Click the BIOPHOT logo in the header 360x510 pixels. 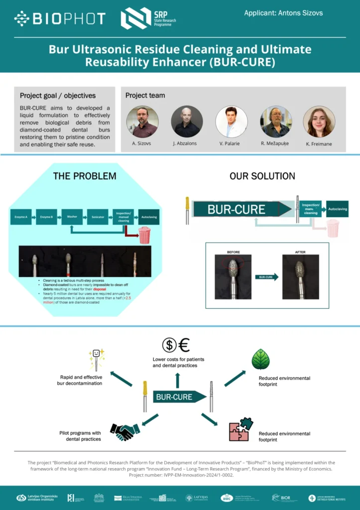[x=60, y=19]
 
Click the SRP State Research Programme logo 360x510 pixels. [x=148, y=18]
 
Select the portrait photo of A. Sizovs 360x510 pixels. [x=142, y=122]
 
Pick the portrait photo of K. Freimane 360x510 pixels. [x=319, y=122]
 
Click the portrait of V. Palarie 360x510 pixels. [x=232, y=122]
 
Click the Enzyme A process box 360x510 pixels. [x=21, y=217]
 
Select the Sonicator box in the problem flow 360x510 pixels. [x=98, y=217]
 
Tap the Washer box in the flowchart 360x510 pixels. [x=72, y=217]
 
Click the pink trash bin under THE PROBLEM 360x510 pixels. [x=144, y=235]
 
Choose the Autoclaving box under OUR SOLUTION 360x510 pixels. [x=338, y=209]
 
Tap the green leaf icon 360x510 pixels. [x=260, y=359]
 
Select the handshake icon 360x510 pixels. [x=124, y=431]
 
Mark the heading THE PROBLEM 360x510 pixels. [x=85, y=176]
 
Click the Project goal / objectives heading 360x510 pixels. [x=58, y=96]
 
